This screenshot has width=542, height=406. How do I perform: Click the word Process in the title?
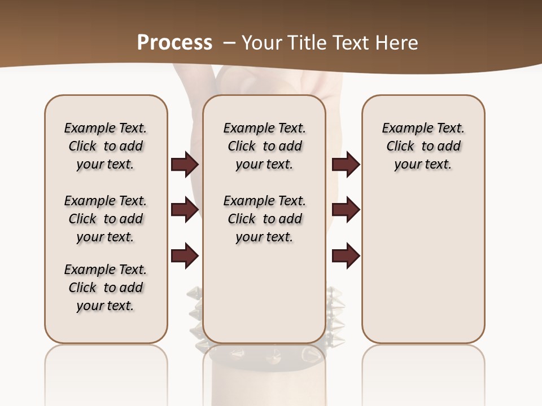click(x=174, y=43)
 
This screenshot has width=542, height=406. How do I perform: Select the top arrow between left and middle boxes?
click(x=185, y=164)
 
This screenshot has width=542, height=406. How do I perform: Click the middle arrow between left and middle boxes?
click(x=185, y=210)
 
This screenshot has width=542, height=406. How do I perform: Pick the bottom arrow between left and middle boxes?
click(x=185, y=256)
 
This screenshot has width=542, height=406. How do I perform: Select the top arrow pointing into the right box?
click(x=346, y=164)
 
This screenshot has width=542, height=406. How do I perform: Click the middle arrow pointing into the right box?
click(x=346, y=210)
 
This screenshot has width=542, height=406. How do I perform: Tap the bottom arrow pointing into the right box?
click(x=346, y=256)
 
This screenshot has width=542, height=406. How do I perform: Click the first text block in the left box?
click(x=106, y=146)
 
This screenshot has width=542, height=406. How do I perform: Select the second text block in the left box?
click(x=106, y=219)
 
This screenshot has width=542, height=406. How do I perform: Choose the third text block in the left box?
click(x=106, y=288)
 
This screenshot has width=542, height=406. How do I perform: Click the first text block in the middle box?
click(x=264, y=146)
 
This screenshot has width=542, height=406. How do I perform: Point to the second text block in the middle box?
click(x=264, y=219)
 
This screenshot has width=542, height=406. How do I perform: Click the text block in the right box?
click(x=423, y=146)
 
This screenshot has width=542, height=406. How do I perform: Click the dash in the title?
click(x=229, y=43)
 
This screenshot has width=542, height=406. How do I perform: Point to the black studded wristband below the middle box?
click(x=265, y=355)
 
